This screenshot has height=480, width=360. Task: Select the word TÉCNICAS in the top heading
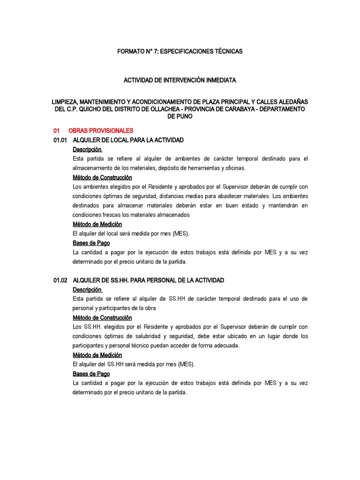(226, 51)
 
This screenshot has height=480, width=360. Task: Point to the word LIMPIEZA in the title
(67, 102)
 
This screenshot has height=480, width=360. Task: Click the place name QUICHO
(100, 109)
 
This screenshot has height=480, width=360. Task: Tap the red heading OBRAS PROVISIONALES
(101, 131)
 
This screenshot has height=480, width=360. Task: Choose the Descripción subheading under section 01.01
(87, 150)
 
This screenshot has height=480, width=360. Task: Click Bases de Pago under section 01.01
(91, 243)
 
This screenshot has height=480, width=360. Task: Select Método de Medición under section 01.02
(97, 355)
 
